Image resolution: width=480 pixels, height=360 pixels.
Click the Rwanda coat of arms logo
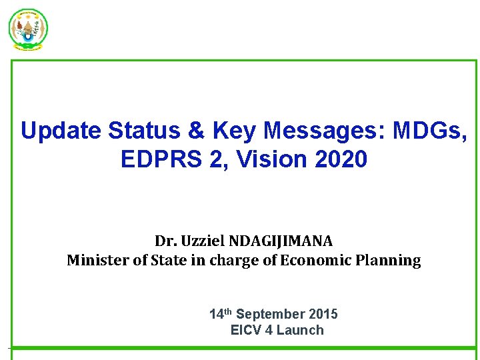click(28, 29)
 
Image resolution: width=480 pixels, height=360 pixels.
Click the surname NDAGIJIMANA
click(284, 241)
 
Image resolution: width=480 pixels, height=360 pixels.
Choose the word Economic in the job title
click(312, 261)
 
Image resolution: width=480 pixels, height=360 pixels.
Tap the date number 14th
click(221, 313)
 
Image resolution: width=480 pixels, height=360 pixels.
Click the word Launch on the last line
click(299, 330)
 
